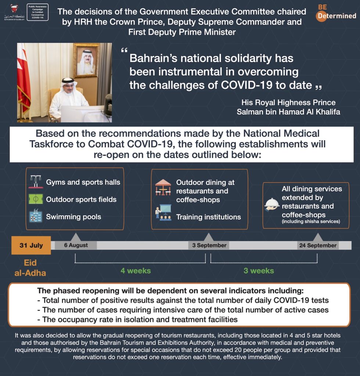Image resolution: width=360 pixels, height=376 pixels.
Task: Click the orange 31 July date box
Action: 31,245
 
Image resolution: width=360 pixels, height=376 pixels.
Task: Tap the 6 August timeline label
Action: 76,245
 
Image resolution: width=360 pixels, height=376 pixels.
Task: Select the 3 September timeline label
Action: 209,245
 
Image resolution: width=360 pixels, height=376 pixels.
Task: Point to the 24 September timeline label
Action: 318,245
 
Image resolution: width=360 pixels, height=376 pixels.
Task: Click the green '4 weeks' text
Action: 136,271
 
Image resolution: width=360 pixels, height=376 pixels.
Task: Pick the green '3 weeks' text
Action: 259,271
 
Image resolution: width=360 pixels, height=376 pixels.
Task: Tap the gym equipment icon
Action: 36,182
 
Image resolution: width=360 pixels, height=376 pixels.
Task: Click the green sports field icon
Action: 36,199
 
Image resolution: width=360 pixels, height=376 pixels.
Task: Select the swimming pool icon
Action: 36,217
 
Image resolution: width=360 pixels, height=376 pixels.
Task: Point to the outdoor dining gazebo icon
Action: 163,187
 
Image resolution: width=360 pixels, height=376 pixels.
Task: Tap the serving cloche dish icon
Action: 272,205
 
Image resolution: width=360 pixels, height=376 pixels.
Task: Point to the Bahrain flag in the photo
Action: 23,77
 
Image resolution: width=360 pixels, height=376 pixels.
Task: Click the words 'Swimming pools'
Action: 73,217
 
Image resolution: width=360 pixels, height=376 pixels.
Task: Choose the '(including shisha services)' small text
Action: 311,221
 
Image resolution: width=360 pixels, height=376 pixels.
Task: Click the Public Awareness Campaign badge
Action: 38,12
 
